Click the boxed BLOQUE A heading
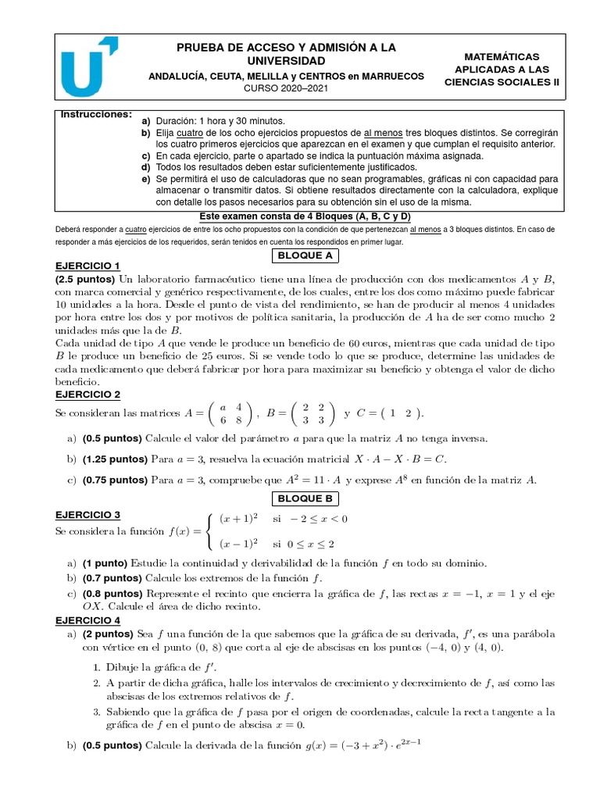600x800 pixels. (x=306, y=255)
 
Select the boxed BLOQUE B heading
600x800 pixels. (x=306, y=498)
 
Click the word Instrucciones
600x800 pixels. (x=96, y=114)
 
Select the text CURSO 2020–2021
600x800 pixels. (x=286, y=90)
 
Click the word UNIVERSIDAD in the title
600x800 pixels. (x=286, y=61)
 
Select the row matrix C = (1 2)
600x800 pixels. (x=390, y=412)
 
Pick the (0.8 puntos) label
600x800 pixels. (x=110, y=594)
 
